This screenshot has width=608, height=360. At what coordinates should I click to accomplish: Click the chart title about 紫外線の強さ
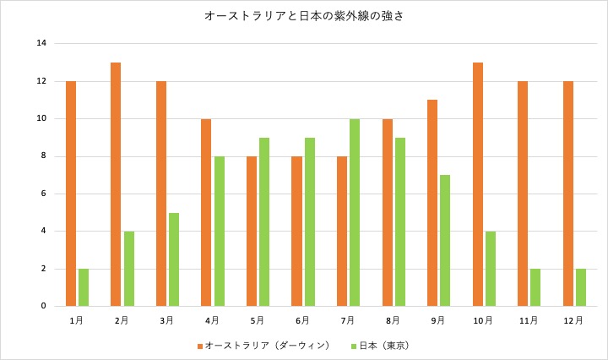click(303, 16)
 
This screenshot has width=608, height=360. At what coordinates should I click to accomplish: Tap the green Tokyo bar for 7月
click(355, 212)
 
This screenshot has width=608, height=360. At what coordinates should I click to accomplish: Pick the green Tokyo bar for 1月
click(84, 287)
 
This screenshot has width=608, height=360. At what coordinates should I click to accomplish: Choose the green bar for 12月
click(581, 287)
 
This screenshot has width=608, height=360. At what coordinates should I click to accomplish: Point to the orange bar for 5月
click(252, 231)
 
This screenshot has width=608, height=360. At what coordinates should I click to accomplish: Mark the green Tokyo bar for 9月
click(445, 241)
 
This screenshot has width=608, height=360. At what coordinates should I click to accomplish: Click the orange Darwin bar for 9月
click(432, 203)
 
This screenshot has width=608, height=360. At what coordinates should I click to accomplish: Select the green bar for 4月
click(219, 231)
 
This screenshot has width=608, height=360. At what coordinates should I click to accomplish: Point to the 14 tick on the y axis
click(41, 43)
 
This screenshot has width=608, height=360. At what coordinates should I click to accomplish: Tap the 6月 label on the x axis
click(302, 321)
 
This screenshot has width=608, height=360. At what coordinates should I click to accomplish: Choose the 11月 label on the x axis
click(529, 321)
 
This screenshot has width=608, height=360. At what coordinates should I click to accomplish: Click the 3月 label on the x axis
click(166, 321)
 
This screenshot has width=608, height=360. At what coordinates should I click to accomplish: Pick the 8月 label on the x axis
click(393, 321)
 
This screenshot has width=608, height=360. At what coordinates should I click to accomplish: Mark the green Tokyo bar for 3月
click(174, 259)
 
